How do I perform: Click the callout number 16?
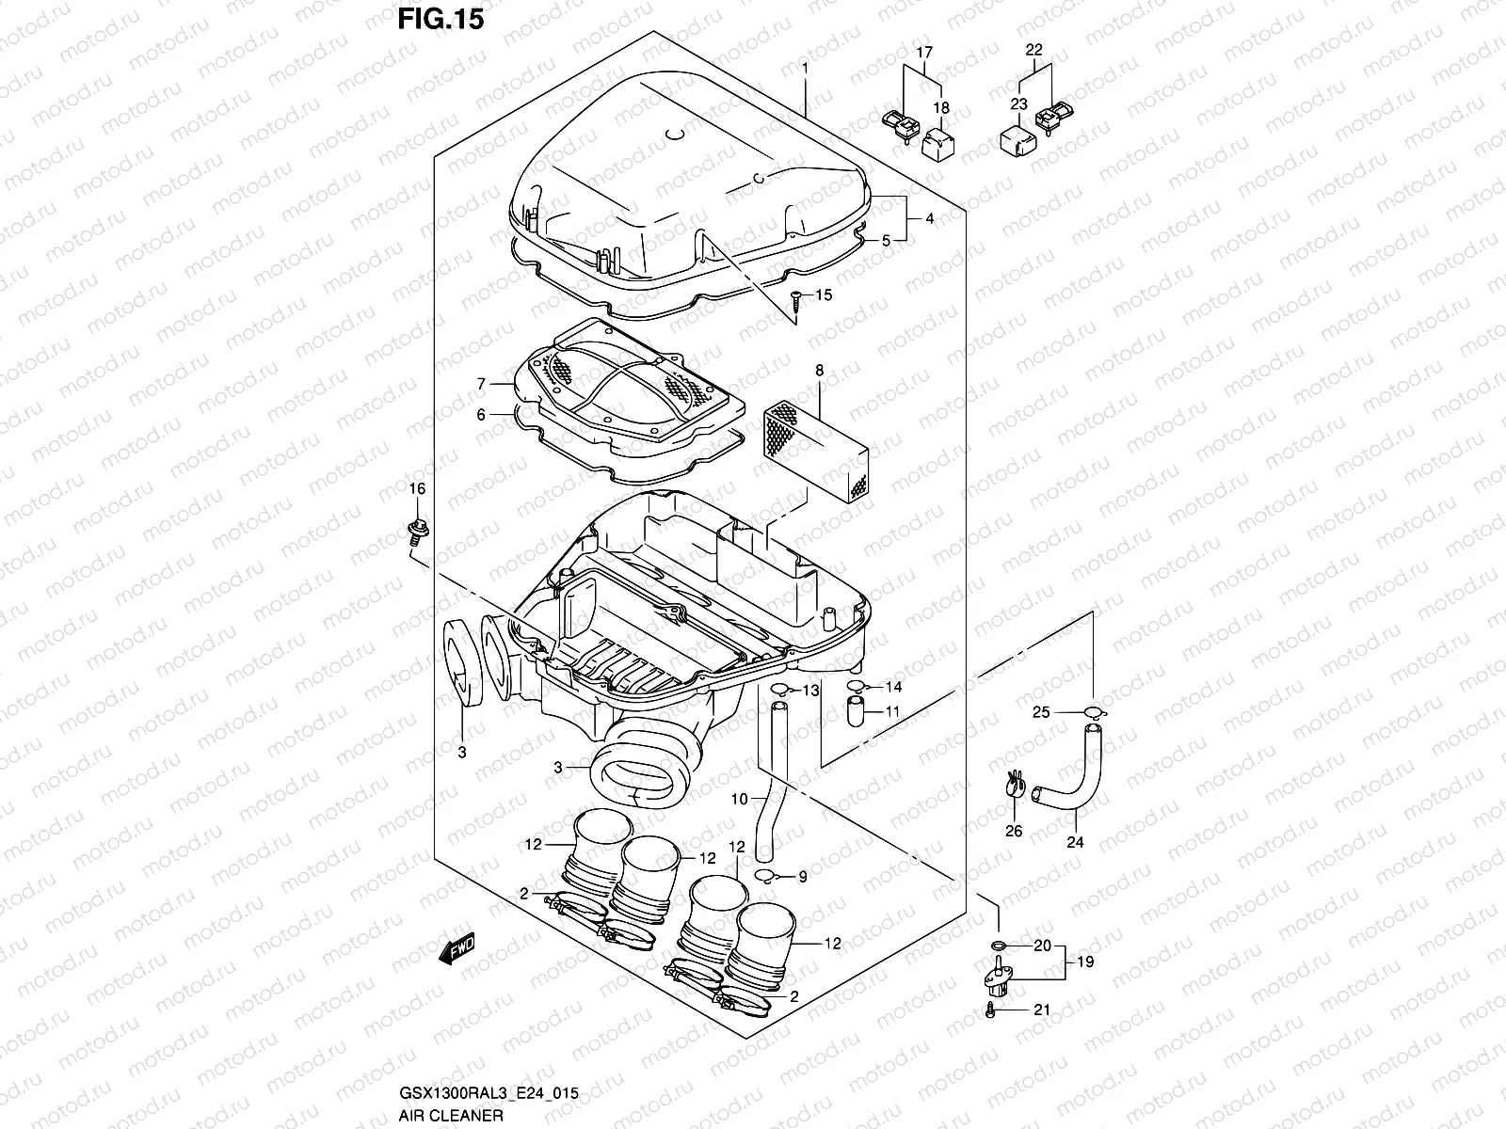tap(416, 488)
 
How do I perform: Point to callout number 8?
tap(819, 371)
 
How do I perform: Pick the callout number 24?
tap(1074, 842)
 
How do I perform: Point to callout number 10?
tap(739, 799)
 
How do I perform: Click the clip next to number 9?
tap(768, 878)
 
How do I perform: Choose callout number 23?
tap(1018, 104)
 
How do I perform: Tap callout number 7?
tap(480, 384)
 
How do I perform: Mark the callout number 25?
tap(1040, 712)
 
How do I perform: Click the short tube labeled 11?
tap(857, 713)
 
